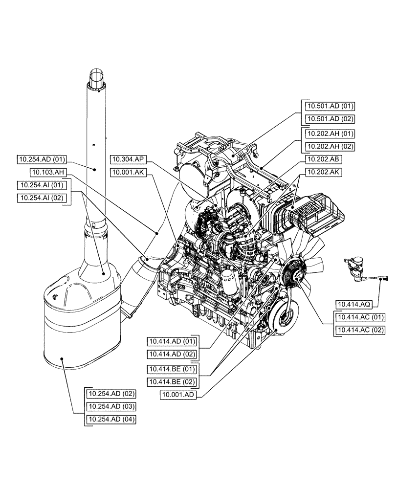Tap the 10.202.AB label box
(x=324, y=159)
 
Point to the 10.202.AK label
(x=324, y=172)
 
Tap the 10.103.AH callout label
(x=47, y=172)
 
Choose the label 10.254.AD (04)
(x=111, y=419)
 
